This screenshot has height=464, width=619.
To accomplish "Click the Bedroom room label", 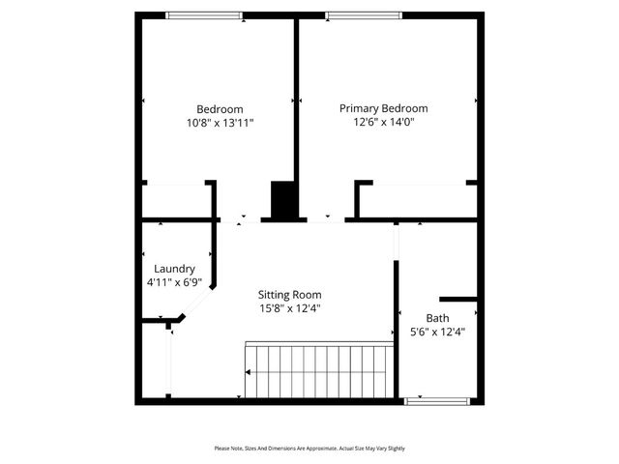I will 220,109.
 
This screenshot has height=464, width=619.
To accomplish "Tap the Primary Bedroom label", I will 383,108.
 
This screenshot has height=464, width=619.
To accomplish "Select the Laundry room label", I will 174,269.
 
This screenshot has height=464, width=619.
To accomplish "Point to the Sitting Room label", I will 289,295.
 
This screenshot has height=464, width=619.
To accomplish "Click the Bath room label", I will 437,318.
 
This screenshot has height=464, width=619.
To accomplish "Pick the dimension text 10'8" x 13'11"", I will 220,124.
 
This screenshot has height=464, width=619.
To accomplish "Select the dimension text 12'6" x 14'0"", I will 383,123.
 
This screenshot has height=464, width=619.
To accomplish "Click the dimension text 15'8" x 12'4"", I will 289,308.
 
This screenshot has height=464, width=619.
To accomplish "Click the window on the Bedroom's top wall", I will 204,14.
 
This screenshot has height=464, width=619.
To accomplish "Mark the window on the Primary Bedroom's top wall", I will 363,14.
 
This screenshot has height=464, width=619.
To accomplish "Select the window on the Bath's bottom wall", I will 437,399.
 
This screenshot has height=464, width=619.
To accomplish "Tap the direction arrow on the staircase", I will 250,372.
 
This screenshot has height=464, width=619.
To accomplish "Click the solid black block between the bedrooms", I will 283,200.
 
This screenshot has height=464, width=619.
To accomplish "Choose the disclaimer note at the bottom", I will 309,449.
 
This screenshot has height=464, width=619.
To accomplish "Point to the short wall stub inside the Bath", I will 458,299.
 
